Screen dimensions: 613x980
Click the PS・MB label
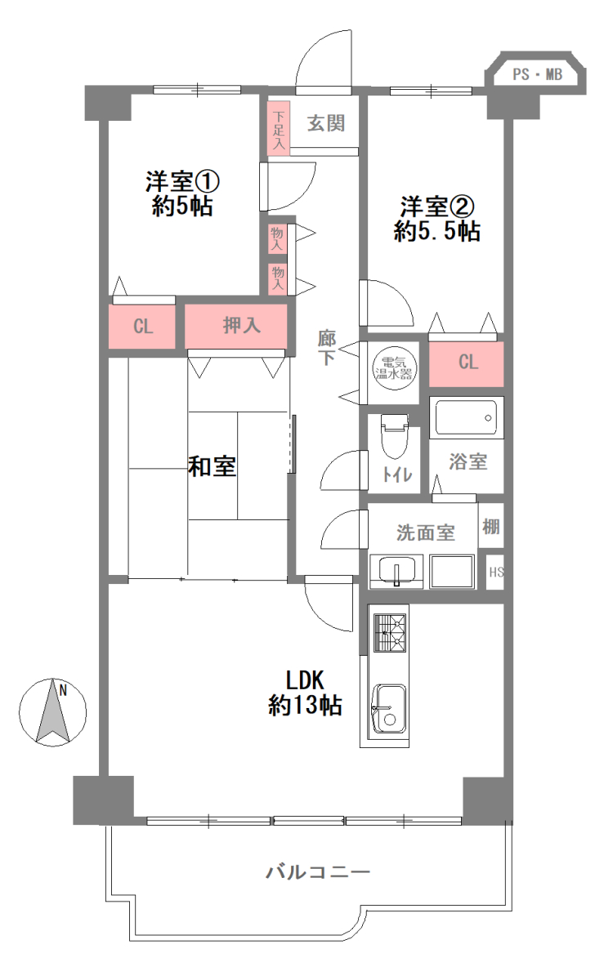coord(537,74)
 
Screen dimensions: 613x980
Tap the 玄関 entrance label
coord(326,123)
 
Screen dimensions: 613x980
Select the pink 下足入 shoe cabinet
coord(279,127)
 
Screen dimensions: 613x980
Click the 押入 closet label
coord(242,326)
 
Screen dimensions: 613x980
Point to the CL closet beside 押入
coord(142,327)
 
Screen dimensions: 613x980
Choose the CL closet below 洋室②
coord(466,364)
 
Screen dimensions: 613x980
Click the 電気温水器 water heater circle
coord(394,368)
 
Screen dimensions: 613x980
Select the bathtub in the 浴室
coord(467,417)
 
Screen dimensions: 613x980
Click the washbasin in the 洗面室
coord(396,571)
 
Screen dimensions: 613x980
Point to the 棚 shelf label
coord(491,526)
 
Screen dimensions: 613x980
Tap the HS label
coord(496,572)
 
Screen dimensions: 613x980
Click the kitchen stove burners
coord(389,632)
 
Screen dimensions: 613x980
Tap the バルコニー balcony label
coord(318,872)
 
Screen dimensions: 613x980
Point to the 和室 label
coord(212,466)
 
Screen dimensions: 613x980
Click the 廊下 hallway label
coord(327,348)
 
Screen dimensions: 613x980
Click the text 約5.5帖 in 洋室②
coord(437,231)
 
